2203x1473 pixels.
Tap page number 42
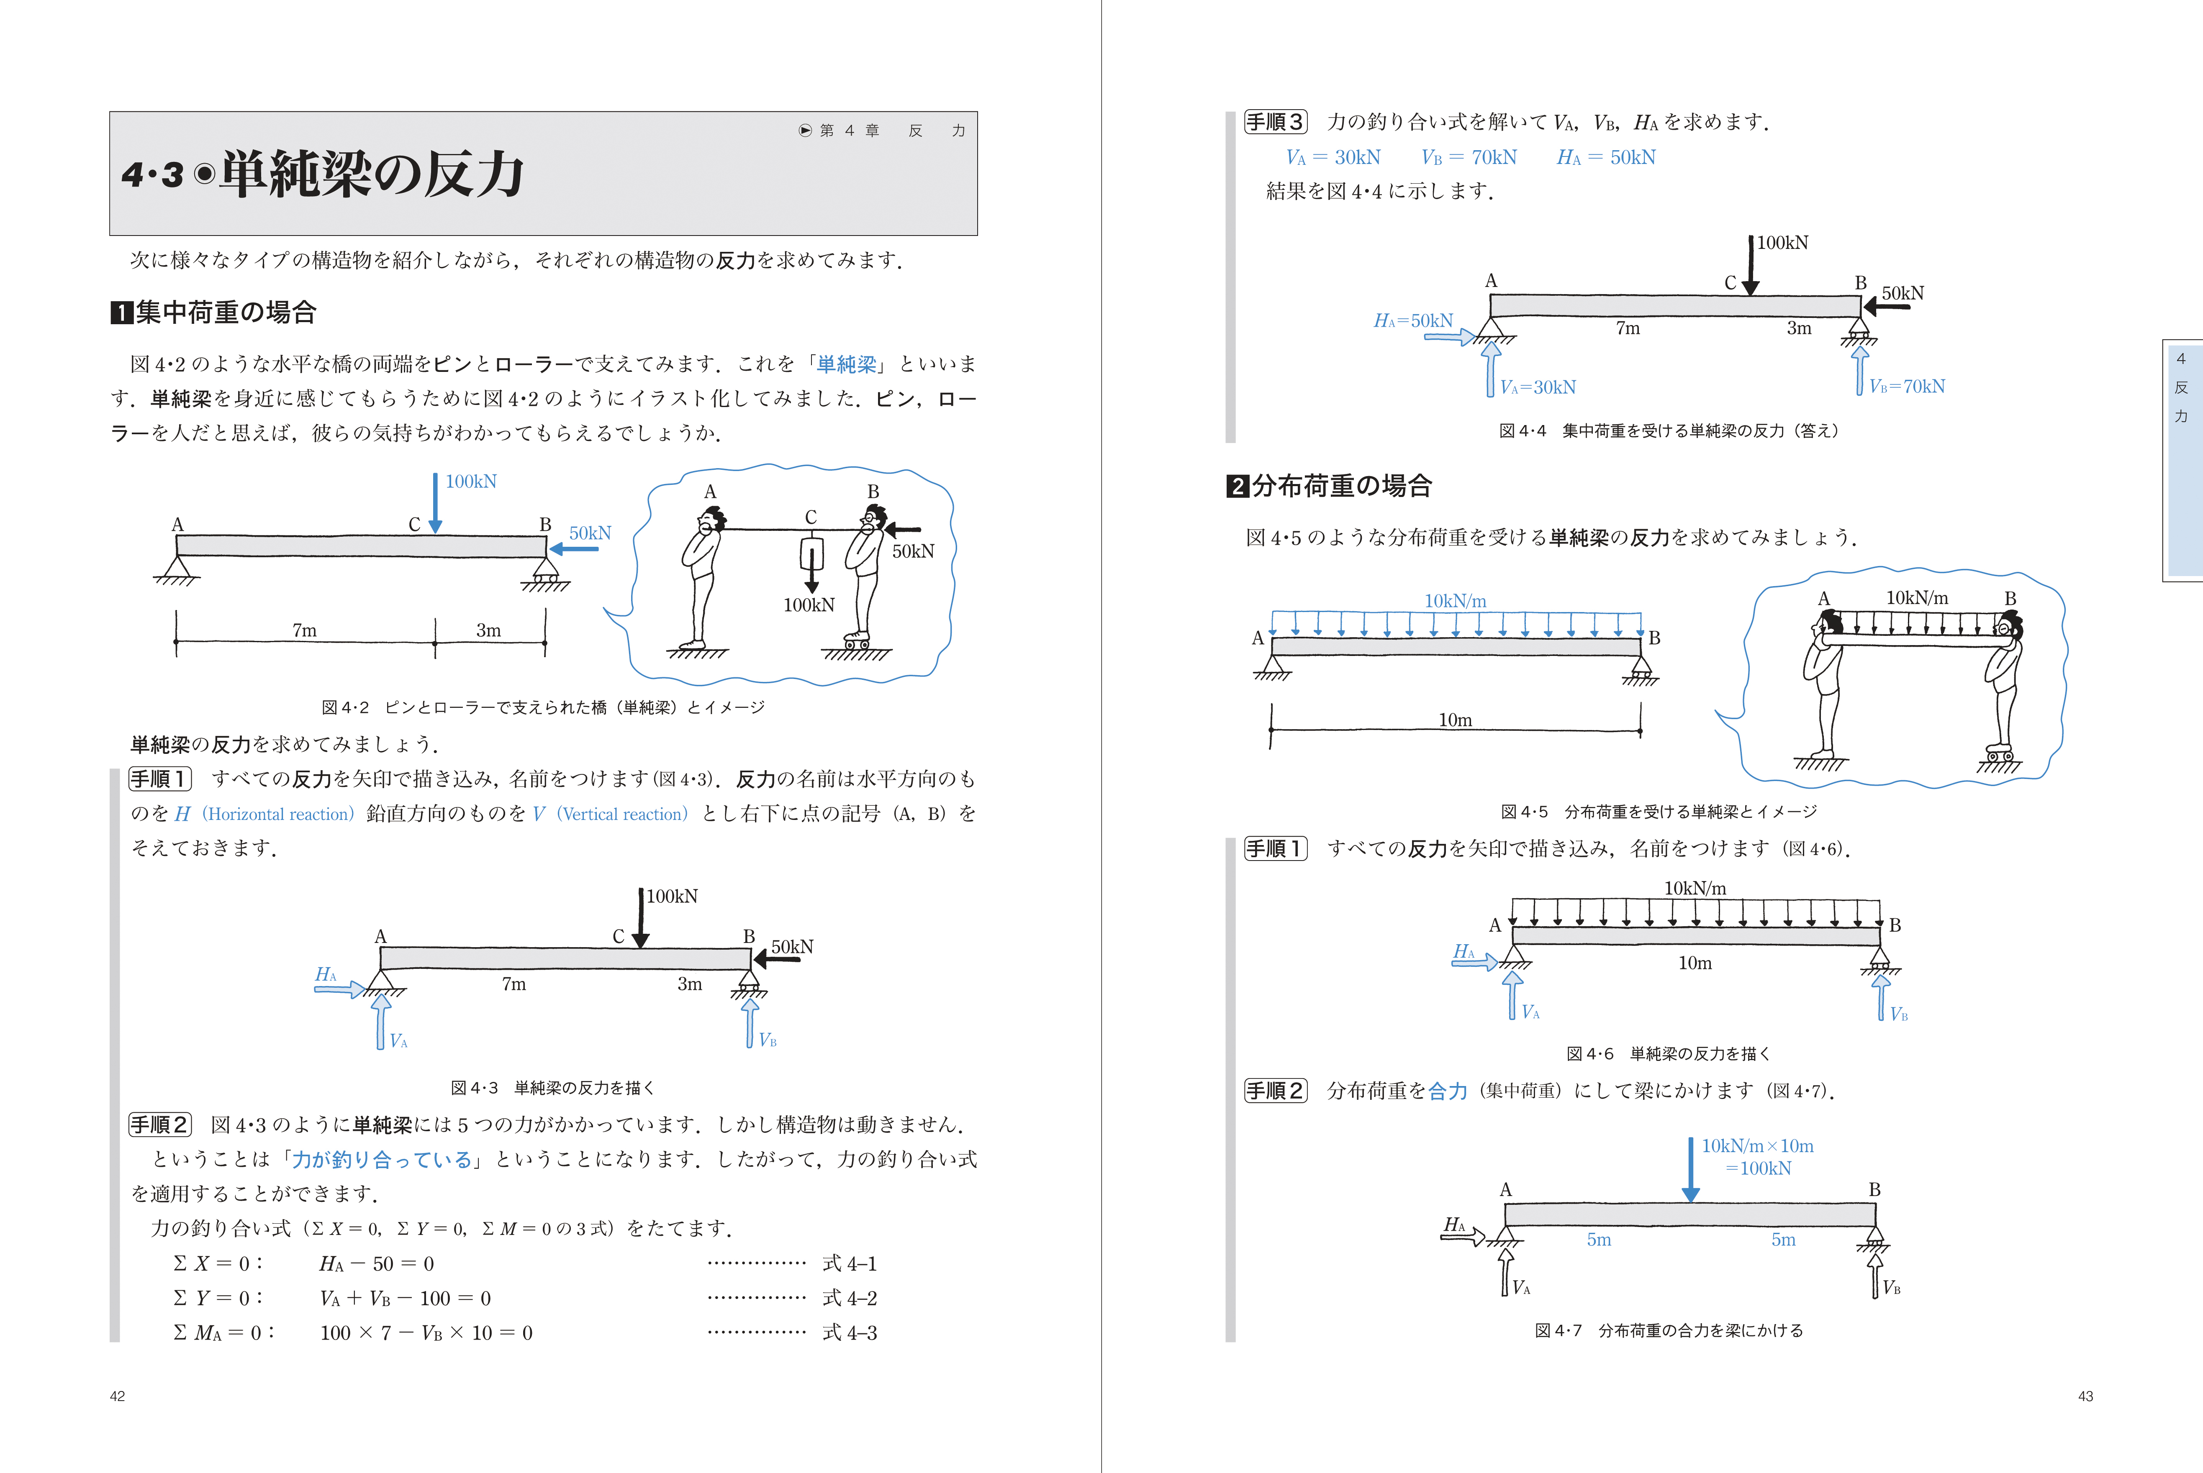click(118, 1396)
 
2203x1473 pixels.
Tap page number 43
click(2085, 1396)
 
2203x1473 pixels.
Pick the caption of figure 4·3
click(552, 1088)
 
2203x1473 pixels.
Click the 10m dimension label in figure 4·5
click(1455, 720)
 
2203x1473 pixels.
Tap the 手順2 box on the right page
click(1275, 1091)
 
